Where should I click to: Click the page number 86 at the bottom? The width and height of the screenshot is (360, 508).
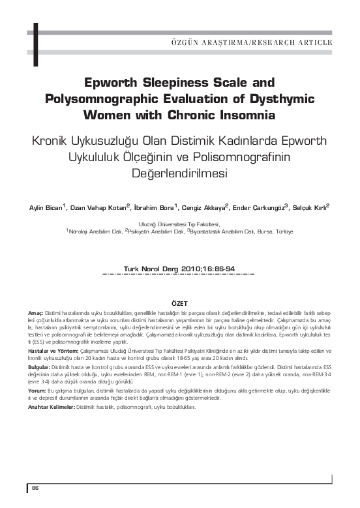pyautogui.click(x=36, y=488)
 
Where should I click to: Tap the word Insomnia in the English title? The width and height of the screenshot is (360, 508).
pyautogui.click(x=246, y=115)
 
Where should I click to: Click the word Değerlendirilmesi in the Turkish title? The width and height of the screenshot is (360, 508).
pyautogui.click(x=180, y=175)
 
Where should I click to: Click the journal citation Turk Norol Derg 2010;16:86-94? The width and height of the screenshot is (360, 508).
pyautogui.click(x=179, y=268)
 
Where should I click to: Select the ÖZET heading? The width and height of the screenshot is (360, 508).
pyautogui.click(x=179, y=304)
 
